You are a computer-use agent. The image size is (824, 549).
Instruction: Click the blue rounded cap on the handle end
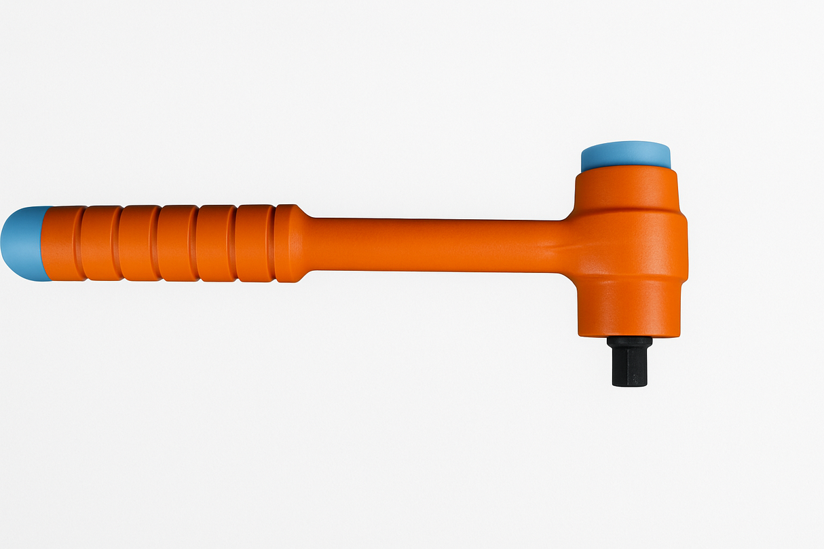pos(22,243)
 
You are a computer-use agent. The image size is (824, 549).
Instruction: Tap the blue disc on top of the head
pos(625,156)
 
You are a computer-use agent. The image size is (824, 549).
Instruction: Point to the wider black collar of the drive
pos(629,342)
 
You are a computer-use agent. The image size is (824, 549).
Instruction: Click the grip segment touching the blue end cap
pos(62,243)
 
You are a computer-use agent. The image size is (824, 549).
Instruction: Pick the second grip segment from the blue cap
pos(100,243)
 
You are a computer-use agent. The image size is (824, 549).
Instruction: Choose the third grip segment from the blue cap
pos(138,243)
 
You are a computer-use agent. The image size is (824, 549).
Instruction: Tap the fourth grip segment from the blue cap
pos(177,243)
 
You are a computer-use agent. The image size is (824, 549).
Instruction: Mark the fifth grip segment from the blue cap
pos(216,243)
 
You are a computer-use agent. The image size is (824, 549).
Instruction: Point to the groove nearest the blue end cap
pos(80,243)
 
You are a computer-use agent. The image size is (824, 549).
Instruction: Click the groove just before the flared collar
pos(274,243)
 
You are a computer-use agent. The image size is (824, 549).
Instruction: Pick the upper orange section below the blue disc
pos(626,189)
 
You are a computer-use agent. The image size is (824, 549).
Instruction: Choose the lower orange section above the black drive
pos(629,309)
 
